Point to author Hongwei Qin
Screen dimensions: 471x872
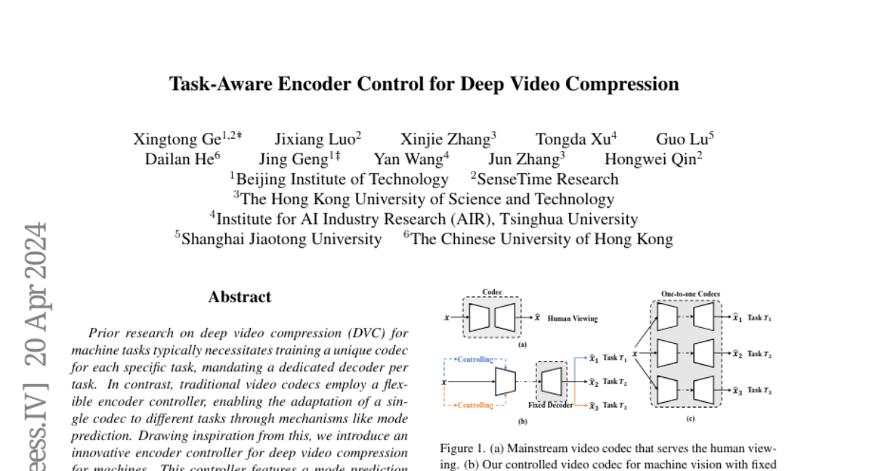648,159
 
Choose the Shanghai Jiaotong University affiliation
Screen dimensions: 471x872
280,238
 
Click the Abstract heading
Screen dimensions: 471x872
239,297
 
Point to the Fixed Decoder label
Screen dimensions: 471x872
550,405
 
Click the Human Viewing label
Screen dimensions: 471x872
572,318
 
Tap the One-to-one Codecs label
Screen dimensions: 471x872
690,294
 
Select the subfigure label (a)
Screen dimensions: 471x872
522,346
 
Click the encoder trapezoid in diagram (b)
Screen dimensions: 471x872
505,382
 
